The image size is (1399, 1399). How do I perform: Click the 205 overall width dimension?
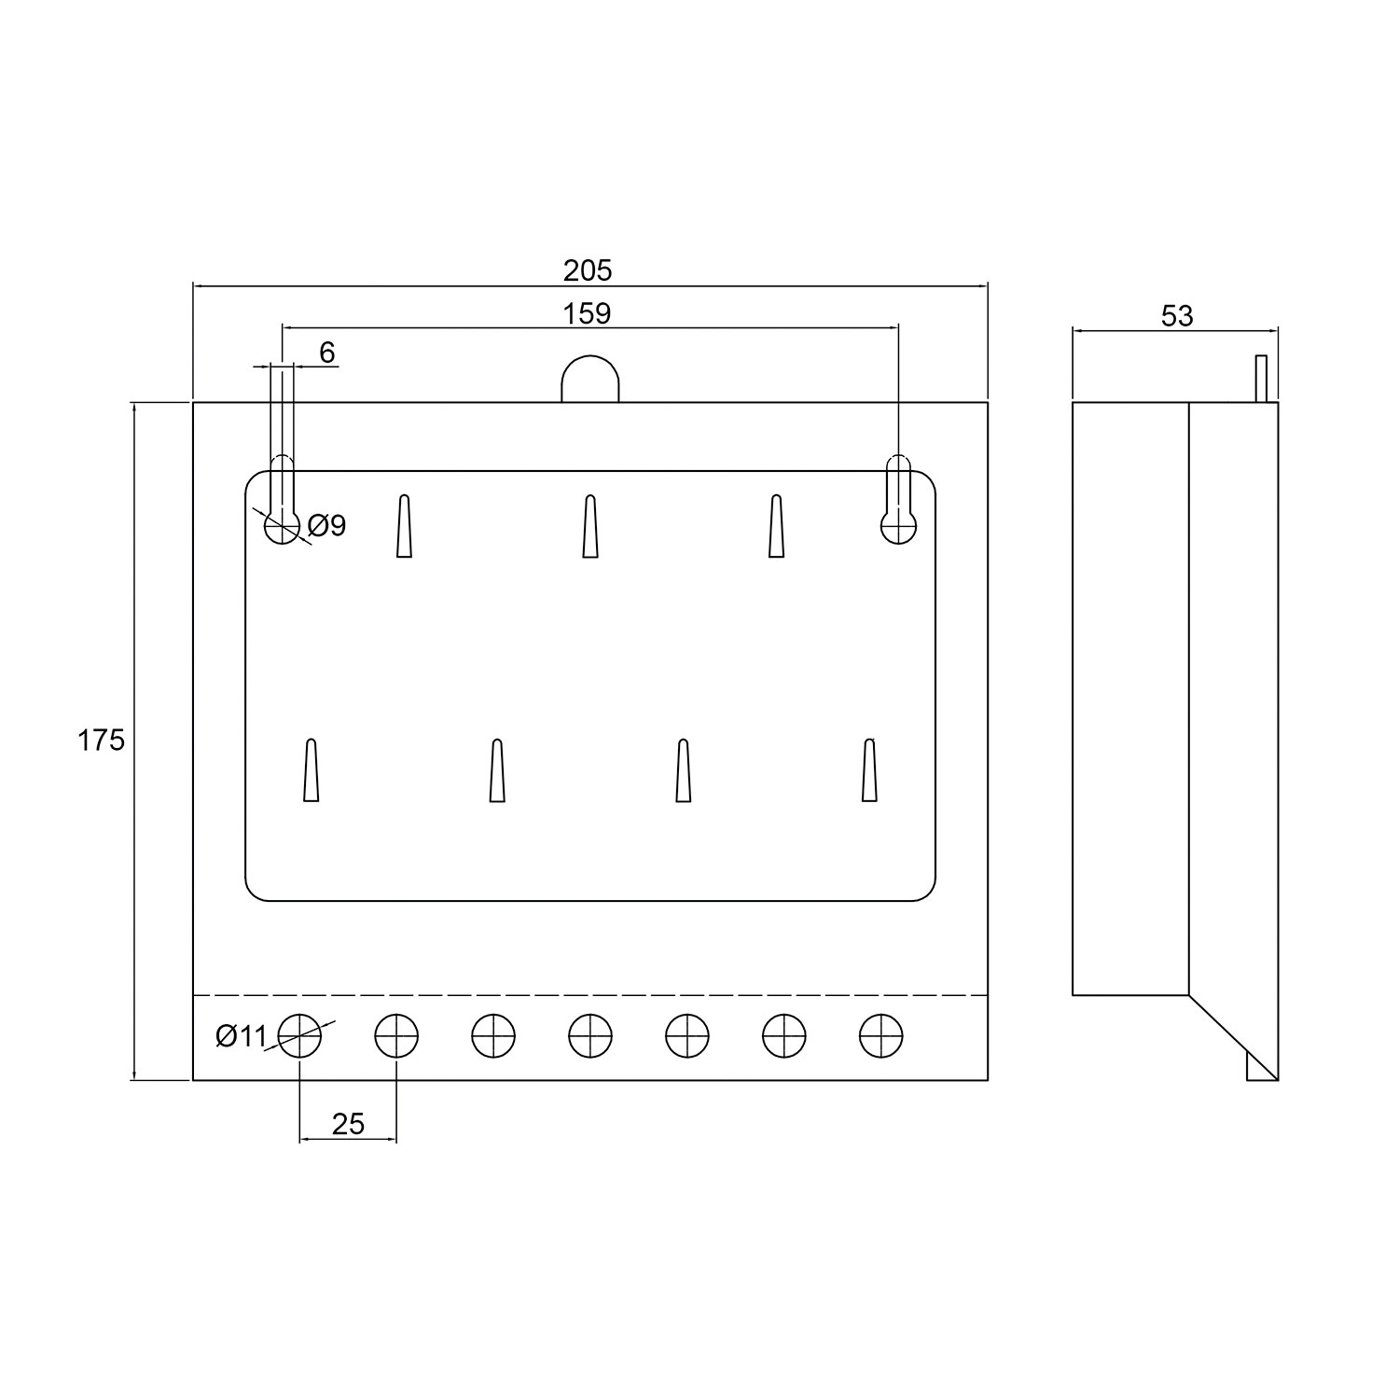click(x=588, y=270)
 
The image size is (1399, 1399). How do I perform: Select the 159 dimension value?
click(x=588, y=313)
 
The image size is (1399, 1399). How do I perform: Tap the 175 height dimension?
click(x=101, y=741)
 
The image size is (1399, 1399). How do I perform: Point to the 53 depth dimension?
click(x=1177, y=316)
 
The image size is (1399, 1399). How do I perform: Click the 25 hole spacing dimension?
click(x=348, y=1124)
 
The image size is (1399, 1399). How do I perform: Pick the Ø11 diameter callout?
click(x=241, y=1036)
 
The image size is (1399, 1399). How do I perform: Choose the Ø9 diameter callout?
click(x=326, y=526)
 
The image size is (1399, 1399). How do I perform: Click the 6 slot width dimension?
click(x=326, y=353)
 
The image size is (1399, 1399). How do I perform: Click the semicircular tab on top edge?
click(x=590, y=380)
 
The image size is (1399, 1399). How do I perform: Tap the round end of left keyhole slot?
click(x=282, y=527)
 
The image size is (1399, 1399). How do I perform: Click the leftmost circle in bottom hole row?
click(x=299, y=1036)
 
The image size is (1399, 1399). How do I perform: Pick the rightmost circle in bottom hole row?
click(x=881, y=1036)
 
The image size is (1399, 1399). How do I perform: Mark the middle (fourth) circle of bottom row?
click(x=590, y=1036)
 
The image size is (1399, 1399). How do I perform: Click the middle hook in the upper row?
click(x=589, y=527)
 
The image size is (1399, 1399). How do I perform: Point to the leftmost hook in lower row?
click(x=312, y=770)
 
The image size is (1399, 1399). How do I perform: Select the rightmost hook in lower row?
click(x=869, y=770)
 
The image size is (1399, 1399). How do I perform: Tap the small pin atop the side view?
click(x=1261, y=379)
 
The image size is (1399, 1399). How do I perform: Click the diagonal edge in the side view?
click(x=1231, y=1037)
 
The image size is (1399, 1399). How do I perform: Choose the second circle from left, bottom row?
click(x=396, y=1036)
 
